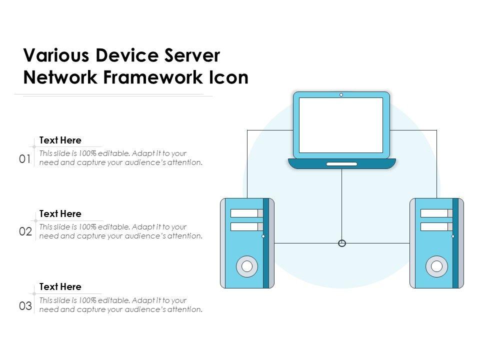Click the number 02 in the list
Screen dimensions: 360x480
pyautogui.click(x=25, y=232)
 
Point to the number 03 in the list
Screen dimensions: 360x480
pyautogui.click(x=25, y=305)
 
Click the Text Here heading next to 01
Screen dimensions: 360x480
pyautogui.click(x=60, y=140)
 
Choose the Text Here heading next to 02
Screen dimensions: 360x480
pyautogui.click(x=60, y=214)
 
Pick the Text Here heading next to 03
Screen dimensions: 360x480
pyautogui.click(x=60, y=287)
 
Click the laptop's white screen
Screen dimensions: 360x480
pyautogui.click(x=341, y=125)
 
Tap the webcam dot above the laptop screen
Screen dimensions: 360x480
pyautogui.click(x=341, y=94)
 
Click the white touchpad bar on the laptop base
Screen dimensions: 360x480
pyautogui.click(x=341, y=164)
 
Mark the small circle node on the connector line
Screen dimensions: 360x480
pyautogui.click(x=342, y=243)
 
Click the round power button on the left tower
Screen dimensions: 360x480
pyautogui.click(x=247, y=266)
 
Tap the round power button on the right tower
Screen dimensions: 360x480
pyautogui.click(x=436, y=266)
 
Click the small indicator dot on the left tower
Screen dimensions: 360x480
pyautogui.click(x=263, y=236)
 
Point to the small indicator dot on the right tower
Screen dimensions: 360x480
pyautogui.click(x=453, y=236)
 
